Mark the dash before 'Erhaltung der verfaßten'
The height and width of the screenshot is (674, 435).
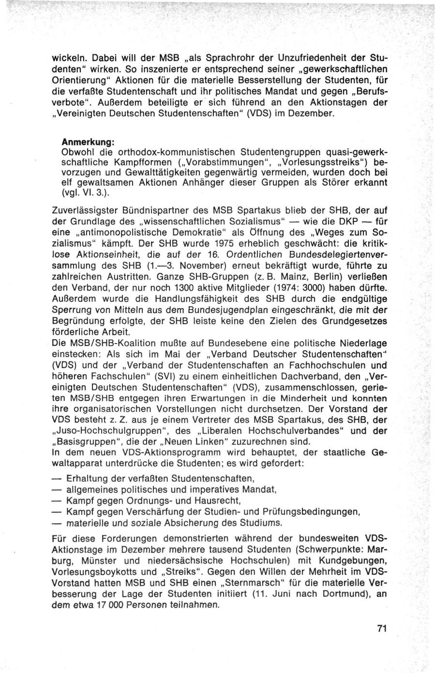click(x=58, y=478)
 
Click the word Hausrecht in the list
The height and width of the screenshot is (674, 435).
click(x=218, y=501)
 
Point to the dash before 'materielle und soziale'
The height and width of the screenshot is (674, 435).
click(x=58, y=523)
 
